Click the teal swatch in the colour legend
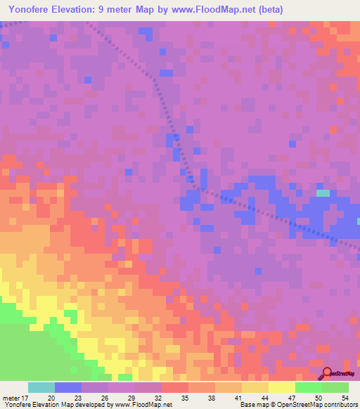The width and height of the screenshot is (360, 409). coord(41,387)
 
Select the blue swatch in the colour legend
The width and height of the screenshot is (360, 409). coord(68,387)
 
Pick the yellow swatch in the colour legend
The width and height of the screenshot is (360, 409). coord(282,387)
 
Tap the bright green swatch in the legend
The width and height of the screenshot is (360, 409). coord(309,387)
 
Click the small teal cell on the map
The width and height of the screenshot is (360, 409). coord(323,193)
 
